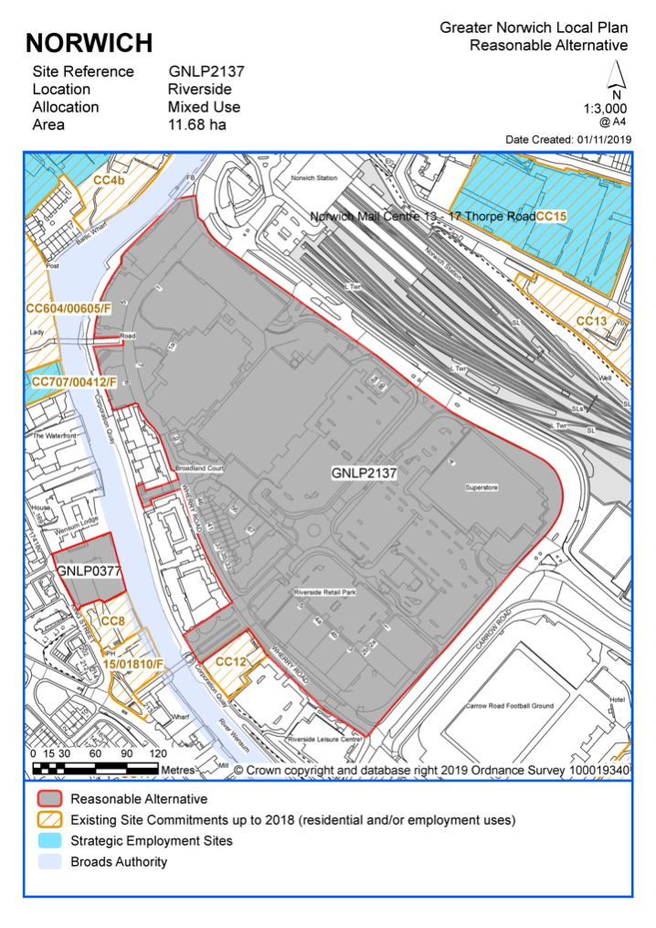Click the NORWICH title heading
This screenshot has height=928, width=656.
(90, 42)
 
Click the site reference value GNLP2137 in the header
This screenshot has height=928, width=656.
(206, 71)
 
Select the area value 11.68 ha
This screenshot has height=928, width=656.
(196, 124)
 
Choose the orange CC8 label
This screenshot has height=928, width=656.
(112, 622)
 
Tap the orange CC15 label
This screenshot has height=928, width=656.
(552, 217)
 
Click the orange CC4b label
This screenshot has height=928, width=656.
(109, 181)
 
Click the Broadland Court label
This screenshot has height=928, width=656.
(199, 467)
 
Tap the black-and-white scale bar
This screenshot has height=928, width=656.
(95, 769)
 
